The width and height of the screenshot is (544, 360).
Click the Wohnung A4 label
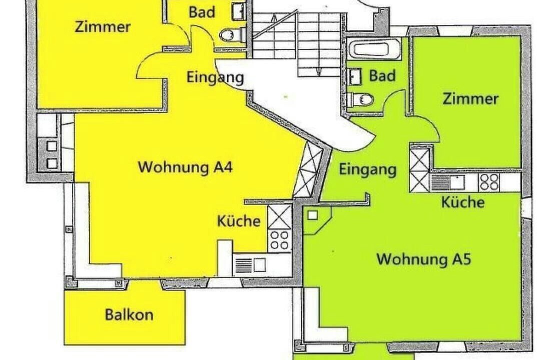pos(185,167)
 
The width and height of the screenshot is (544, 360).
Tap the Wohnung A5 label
pos(424,259)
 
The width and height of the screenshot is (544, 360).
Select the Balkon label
pos(129,314)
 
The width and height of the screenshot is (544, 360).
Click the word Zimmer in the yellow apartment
pos(103,26)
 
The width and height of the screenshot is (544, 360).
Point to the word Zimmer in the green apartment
pos(471,98)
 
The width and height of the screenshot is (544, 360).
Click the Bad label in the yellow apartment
pos(202,12)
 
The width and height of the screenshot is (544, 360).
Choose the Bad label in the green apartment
pos(382,75)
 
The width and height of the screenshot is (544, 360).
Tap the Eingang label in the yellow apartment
pos(215,77)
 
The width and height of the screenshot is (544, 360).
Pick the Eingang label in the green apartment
pos(367,170)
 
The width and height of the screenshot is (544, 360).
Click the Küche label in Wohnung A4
pos(239,220)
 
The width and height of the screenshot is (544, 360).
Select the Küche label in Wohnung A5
pos(463,202)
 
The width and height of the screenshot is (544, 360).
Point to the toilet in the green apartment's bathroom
pos(361,99)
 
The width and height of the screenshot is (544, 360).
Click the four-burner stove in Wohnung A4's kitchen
pos(280,240)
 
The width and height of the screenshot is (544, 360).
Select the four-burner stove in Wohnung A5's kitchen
pos(489,182)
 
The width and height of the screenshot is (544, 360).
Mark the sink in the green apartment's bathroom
pos(354,76)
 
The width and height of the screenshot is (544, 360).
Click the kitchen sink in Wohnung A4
pos(251,265)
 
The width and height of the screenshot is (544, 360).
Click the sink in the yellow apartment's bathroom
pos(239,11)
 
